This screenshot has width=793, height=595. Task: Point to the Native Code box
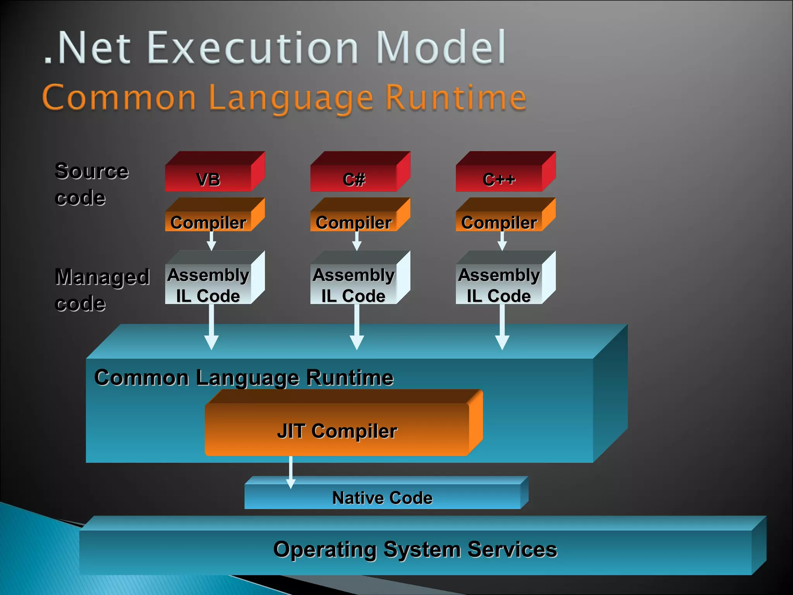(x=383, y=497)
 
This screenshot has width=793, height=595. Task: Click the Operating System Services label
(x=415, y=549)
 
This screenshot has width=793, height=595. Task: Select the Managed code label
(x=101, y=290)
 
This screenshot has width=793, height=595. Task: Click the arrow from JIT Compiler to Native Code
(x=291, y=473)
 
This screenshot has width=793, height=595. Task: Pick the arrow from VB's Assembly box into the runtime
(x=211, y=327)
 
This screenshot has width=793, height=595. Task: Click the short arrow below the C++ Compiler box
(x=502, y=241)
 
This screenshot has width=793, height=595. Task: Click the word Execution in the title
(x=253, y=48)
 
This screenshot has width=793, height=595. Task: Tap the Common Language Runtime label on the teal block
(x=244, y=377)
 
